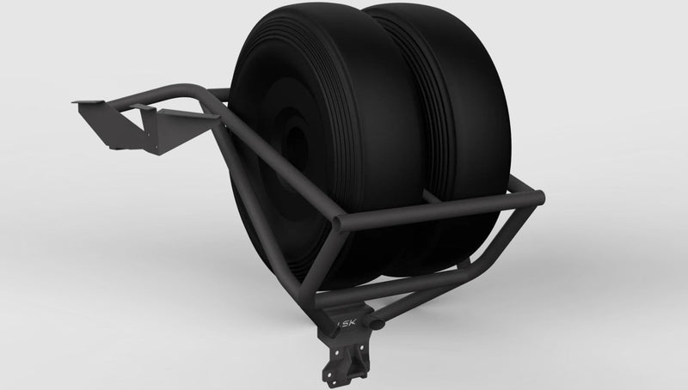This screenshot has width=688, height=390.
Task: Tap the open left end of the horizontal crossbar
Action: (x=341, y=226)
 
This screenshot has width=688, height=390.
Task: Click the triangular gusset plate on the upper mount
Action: (x=155, y=129)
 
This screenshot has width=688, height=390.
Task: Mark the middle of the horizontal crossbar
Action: (x=439, y=212)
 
